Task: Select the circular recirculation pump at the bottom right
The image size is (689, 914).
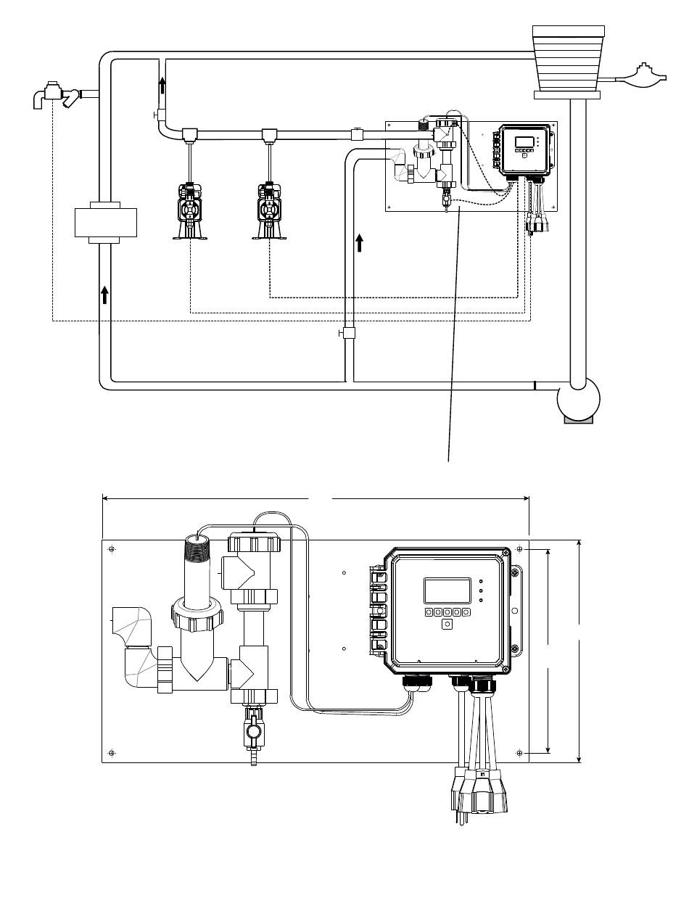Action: click(x=578, y=398)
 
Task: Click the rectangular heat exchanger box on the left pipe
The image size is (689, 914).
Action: click(x=106, y=221)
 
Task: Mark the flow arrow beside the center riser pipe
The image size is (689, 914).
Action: click(x=360, y=242)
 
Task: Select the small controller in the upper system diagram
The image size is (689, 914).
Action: click(x=524, y=149)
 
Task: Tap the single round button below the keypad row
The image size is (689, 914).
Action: click(x=447, y=624)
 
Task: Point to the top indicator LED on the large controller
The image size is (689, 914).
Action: click(x=482, y=582)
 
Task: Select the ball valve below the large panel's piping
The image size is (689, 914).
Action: click(x=252, y=733)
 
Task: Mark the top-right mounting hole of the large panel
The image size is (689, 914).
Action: click(x=519, y=550)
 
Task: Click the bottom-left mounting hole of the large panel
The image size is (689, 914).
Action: click(x=111, y=752)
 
